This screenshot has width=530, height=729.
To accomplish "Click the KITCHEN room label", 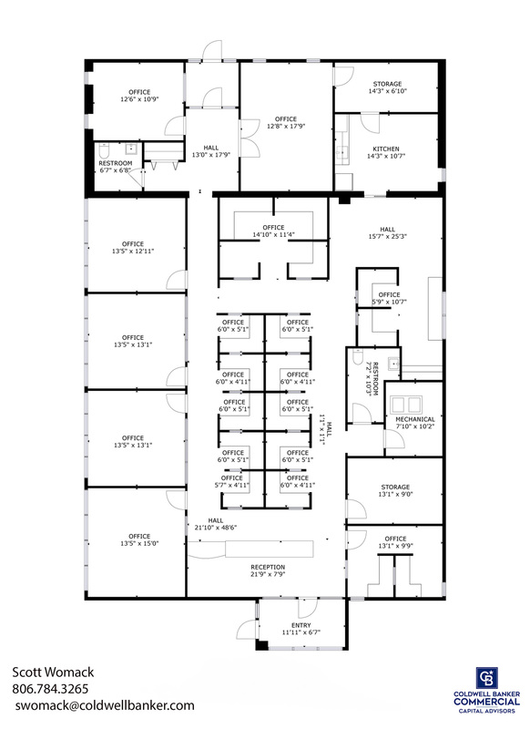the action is tap(386, 149).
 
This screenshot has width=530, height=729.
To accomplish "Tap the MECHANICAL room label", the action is tap(415, 419).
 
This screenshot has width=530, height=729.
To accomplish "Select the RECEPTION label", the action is tap(268, 567).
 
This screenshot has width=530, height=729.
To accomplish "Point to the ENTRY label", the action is tap(301, 625).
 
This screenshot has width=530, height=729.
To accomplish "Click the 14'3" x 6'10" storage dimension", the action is tap(387, 91).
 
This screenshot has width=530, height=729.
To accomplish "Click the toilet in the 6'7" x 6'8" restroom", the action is tap(104, 150).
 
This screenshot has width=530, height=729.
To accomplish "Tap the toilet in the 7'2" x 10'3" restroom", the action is tap(358, 356).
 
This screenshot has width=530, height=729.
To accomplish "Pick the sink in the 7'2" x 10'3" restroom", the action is tap(394, 363).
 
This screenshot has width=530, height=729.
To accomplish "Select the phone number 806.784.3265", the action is tap(50, 689).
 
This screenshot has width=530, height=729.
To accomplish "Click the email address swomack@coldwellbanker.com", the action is tap(105, 705).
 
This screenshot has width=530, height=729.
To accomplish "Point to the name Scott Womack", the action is tap(53, 673).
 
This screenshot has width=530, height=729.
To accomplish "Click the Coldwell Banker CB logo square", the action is tap(487, 678).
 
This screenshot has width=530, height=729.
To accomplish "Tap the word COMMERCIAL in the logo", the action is tap(487, 702).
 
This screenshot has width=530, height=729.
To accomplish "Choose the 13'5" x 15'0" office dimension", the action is tap(139, 543).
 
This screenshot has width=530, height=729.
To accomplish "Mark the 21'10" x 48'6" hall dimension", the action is tap(216, 528).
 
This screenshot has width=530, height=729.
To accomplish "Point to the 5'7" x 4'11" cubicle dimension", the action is tap(232, 485).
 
